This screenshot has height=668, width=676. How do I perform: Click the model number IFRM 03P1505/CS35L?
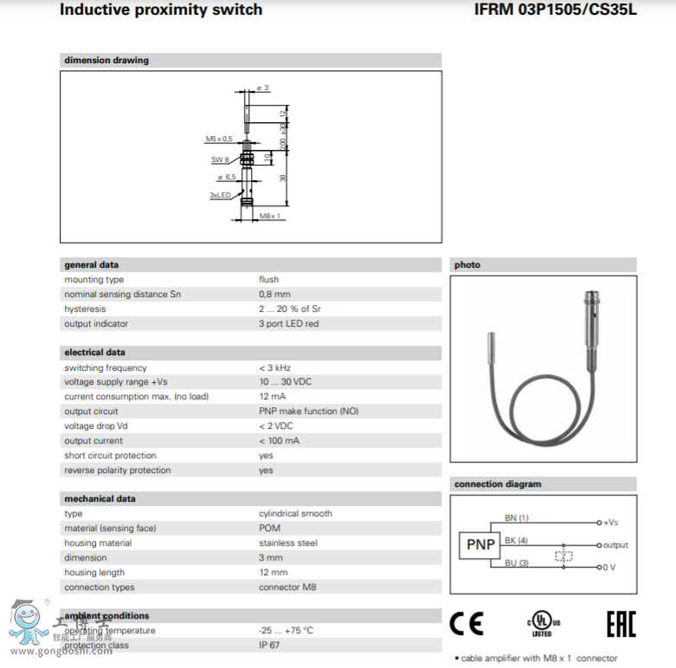[555, 10]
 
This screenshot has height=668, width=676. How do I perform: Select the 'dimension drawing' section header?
[106, 61]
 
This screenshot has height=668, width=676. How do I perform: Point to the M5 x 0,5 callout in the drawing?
[219, 139]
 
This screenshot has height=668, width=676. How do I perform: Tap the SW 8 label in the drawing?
[220, 159]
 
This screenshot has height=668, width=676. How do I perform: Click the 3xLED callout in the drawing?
[220, 195]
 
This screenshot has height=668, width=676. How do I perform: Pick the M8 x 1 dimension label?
[270, 216]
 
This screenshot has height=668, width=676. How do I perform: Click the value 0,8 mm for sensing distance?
[274, 295]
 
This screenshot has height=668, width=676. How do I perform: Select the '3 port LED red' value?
[288, 324]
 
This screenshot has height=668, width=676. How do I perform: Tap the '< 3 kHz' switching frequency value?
[275, 368]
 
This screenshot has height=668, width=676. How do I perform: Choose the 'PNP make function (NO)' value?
[308, 412]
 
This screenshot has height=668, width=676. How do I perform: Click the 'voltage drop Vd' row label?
[96, 426]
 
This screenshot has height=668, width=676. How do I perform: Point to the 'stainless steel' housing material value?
[288, 543]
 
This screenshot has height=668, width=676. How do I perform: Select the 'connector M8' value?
[287, 587]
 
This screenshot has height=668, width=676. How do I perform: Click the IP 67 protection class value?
[270, 645]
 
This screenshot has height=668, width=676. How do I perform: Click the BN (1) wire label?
[516, 518]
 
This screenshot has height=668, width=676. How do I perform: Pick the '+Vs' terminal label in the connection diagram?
[611, 522]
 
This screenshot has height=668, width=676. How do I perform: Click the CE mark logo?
[467, 623]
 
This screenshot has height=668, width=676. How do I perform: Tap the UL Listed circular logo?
[542, 624]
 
